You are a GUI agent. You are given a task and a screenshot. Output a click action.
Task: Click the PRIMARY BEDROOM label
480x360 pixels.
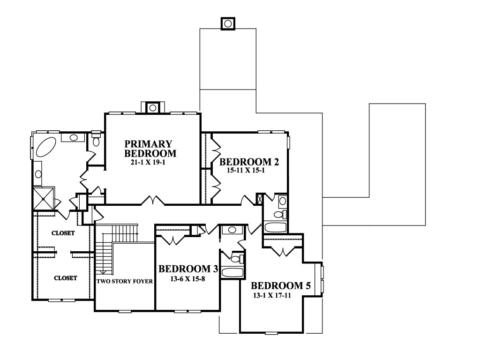[150, 149]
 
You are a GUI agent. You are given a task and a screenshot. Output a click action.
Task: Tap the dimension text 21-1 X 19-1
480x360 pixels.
[148, 163]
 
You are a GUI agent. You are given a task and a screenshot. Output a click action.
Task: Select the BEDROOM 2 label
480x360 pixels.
[249, 162]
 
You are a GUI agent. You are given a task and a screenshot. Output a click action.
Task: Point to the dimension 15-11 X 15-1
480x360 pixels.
[246, 170]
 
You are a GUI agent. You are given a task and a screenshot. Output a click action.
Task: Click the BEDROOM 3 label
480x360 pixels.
[188, 269]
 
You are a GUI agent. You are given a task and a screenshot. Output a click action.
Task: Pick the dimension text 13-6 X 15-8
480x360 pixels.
[187, 279]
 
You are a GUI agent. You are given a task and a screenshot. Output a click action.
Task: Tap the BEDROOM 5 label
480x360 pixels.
[281, 285]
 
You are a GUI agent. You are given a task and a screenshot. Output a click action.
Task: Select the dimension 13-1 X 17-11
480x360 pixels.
[272, 295]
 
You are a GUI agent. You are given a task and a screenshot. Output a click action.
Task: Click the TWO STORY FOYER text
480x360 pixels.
[125, 281]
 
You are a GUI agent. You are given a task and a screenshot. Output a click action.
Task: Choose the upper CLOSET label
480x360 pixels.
[63, 233]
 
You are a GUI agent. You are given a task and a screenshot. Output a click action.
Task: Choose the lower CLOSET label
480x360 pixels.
[66, 278]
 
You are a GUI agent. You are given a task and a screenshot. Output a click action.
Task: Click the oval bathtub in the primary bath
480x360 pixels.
[46, 147]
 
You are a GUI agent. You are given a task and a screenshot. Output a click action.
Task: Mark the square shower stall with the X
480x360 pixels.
[44, 199]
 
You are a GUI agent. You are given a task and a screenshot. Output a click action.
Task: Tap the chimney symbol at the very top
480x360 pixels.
[228, 23]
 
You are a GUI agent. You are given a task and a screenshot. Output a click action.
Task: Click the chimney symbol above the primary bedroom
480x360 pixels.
[153, 108]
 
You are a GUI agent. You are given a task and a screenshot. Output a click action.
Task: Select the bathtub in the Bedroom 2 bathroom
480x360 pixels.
[275, 227]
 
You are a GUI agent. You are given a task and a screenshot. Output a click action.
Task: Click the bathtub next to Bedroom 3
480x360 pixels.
[232, 272]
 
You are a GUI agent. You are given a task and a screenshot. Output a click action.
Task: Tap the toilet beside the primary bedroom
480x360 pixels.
[96, 139]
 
